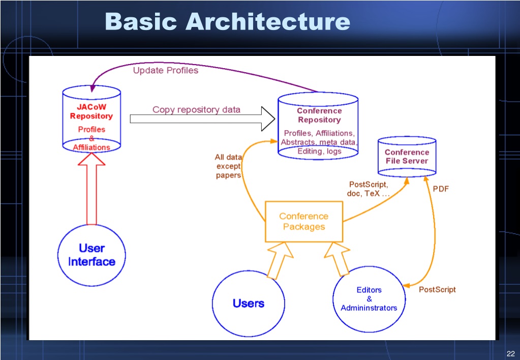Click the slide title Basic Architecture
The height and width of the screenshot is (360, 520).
click(x=228, y=21)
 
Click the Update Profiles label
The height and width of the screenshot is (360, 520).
click(x=166, y=70)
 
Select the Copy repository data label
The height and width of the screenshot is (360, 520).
click(x=196, y=109)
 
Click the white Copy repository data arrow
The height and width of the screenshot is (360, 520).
click(x=202, y=119)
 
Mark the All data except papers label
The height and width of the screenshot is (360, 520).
click(x=228, y=166)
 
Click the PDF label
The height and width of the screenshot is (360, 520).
click(x=441, y=189)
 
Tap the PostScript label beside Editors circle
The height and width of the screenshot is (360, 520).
click(x=437, y=289)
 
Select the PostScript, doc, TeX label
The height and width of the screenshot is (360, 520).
click(x=368, y=189)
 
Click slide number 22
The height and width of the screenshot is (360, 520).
click(x=511, y=354)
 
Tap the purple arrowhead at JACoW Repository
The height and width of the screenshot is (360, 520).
click(x=93, y=88)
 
